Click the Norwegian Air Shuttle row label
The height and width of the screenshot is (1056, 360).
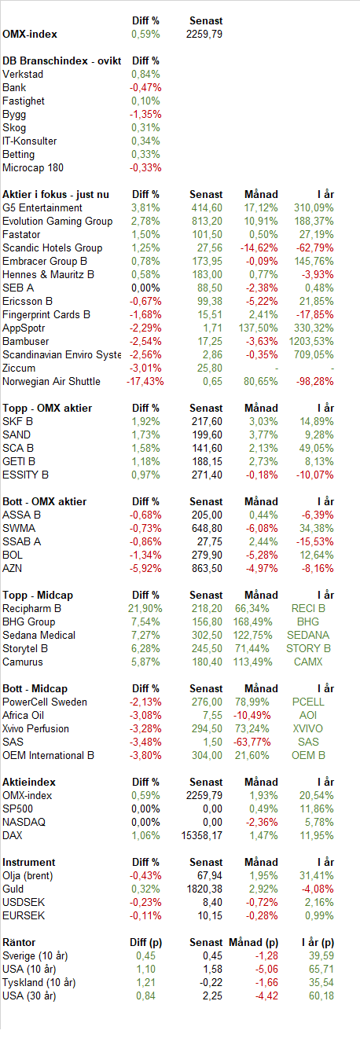51,381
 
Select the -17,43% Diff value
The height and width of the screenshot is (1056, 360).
145,381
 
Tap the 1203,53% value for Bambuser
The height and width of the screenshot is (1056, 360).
311,341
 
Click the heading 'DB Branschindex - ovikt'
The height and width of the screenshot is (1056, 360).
62,60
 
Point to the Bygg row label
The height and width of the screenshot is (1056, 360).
14,114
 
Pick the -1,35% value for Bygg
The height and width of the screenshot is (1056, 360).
145,114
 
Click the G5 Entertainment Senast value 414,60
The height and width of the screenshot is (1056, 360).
207,208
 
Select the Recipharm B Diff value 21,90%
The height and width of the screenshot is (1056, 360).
145,609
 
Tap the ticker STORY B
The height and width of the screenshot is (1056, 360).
308,649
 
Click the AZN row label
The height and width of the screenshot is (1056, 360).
13,569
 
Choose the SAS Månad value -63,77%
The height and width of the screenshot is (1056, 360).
252,742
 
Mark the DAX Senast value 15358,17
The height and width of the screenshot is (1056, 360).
201,835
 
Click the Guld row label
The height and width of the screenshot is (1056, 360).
13,889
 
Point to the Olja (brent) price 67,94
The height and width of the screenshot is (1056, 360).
210,876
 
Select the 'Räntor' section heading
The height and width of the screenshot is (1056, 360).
19,942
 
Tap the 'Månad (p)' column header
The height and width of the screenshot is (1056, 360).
253,942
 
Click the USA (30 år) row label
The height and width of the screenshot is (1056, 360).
29,996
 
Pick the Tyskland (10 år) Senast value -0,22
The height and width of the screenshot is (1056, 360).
211,983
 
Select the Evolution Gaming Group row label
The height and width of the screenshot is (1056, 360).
57,221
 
